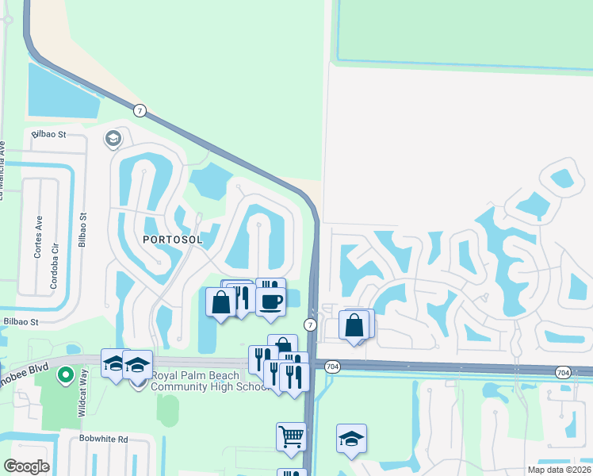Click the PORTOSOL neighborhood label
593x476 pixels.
pos(172,239)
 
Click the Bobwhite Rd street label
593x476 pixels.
pos(103,439)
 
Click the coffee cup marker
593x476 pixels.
pos(270,302)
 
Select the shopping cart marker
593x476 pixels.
pos(291,436)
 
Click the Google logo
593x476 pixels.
pos(25,466)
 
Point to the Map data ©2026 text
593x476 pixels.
pos(560,470)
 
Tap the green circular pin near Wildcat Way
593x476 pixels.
pos(66,374)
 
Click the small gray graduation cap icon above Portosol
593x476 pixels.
pos(113,139)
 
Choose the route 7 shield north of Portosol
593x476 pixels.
pos(140,110)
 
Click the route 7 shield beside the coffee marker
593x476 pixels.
pos(310,324)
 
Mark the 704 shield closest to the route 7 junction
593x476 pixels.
pos(332,366)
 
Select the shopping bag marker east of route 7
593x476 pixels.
pos(354,324)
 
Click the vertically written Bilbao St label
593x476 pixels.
pos(82,231)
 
